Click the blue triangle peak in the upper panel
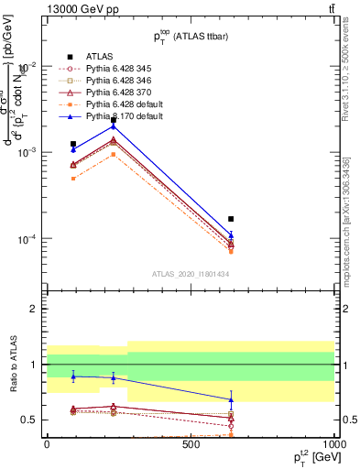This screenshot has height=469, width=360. click(114, 125)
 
